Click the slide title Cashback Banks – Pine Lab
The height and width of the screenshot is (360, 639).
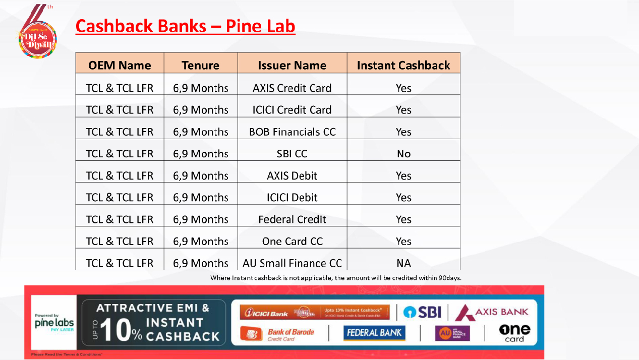pos(185,26)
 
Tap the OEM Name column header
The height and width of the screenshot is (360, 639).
pos(120,65)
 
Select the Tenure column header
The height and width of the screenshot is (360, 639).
pos(200,65)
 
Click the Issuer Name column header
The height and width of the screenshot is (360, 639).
pos(292,65)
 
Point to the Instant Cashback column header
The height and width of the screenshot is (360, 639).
pos(403,65)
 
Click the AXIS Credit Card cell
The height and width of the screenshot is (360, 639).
pos(292,88)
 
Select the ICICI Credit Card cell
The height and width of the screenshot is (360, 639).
pos(292,110)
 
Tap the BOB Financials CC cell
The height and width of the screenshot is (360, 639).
pos(292,132)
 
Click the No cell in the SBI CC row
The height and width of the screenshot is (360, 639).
pos(403,154)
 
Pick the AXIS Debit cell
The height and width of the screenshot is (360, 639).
pos(292,175)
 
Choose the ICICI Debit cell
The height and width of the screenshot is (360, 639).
pos(292,197)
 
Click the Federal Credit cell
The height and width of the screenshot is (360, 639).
pos(292,219)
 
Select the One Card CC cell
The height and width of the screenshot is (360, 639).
pos(292,241)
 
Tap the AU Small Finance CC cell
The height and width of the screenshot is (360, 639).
pos(292,263)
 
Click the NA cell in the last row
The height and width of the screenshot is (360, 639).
pos(403,263)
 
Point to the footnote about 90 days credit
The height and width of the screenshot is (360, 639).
pos(335,278)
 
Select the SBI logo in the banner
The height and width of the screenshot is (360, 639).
pos(422,312)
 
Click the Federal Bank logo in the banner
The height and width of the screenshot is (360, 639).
pos(374,333)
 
